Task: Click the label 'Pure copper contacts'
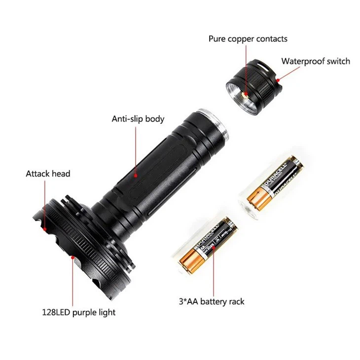coord(248,38)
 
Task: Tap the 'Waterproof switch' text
coord(316,61)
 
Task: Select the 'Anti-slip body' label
coord(138,119)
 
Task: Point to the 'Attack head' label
coord(48,174)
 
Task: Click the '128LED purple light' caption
coord(78,312)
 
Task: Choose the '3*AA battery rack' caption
coord(212,301)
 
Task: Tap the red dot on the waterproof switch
coord(278,78)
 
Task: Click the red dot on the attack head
coord(44,228)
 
